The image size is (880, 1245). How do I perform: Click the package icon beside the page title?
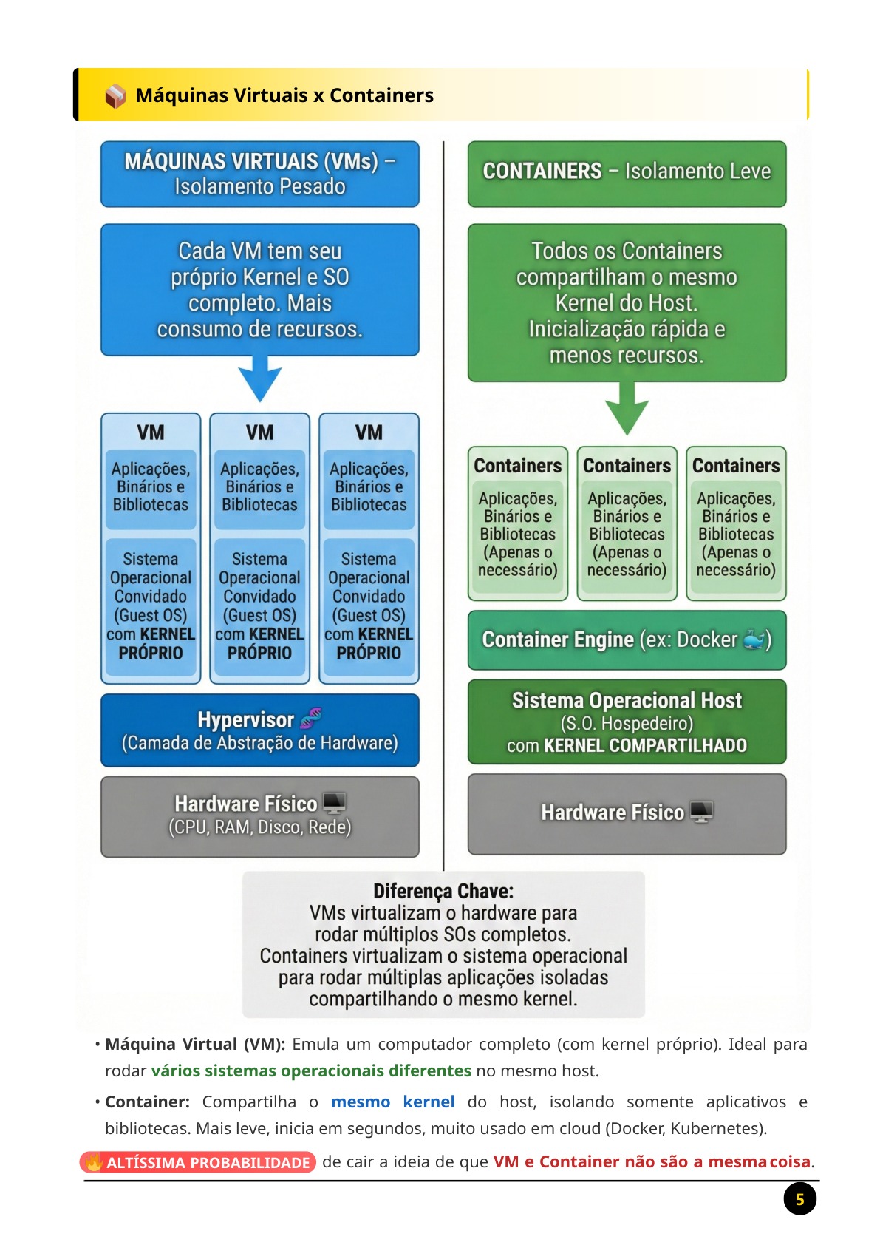(115, 95)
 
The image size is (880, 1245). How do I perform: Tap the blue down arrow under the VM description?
(259, 379)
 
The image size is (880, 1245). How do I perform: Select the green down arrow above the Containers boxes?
(627, 409)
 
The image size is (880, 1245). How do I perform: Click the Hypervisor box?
(259, 730)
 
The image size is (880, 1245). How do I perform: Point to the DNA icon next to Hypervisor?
(310, 718)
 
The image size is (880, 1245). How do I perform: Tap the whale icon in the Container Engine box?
(754, 640)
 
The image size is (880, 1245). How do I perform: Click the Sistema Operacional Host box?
(627, 722)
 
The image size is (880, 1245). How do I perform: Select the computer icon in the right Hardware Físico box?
(702, 812)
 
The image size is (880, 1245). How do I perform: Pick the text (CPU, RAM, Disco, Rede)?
(259, 827)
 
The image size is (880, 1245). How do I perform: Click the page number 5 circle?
(799, 1199)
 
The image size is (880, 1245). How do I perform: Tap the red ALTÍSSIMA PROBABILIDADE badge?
(198, 1162)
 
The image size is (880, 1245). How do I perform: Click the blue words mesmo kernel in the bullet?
(393, 1102)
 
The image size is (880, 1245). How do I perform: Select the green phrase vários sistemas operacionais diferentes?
(311, 1071)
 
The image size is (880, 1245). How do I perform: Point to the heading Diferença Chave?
(443, 891)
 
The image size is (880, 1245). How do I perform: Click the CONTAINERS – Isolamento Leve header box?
(627, 174)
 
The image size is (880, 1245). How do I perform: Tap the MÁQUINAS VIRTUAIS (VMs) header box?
(259, 174)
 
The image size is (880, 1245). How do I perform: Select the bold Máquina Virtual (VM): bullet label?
(195, 1045)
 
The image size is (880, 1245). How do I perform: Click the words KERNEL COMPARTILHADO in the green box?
(645, 745)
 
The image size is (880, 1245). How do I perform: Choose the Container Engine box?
(627, 640)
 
